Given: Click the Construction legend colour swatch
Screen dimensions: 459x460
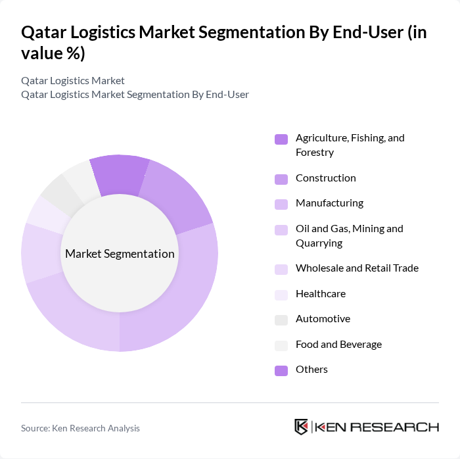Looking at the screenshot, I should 281,179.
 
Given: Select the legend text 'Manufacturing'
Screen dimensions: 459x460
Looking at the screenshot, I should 329,203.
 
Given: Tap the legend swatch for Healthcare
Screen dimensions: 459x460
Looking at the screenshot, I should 281,295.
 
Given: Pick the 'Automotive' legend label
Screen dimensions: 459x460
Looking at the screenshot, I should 323,319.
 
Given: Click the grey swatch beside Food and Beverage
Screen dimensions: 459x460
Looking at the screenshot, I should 281,345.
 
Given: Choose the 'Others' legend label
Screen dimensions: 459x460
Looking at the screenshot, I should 311,370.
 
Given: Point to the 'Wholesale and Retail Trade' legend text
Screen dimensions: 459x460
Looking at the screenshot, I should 357,268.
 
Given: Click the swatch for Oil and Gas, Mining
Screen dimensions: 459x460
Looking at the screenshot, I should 281,229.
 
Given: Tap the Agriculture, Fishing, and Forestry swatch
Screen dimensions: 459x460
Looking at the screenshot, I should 281,139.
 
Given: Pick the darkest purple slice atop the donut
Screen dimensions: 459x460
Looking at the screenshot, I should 120,174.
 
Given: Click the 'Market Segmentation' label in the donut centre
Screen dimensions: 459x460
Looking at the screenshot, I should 120,254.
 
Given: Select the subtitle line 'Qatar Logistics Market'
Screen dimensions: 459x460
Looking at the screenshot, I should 73,81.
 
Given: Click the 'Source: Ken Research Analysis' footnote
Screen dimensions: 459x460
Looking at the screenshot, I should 80,428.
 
